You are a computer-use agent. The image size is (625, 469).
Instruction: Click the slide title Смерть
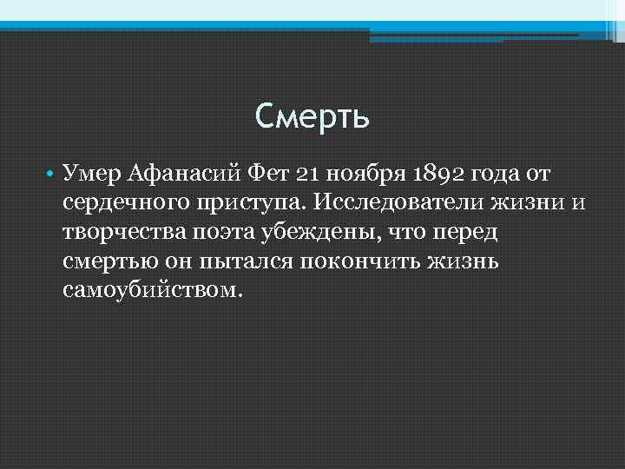pos(312,116)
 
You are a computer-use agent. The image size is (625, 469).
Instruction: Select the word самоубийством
pos(148,289)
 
